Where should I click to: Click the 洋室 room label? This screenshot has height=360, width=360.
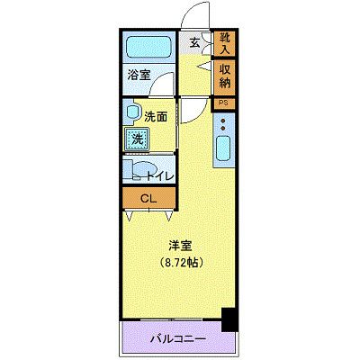tap(177, 245)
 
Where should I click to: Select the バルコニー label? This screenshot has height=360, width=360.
tap(177, 339)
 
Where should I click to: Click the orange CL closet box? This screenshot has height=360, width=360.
tap(145, 200)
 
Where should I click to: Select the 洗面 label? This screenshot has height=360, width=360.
tap(157, 115)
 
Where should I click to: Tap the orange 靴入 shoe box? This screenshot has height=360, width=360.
tap(223, 41)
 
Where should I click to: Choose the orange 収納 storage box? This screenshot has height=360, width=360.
tap(223, 76)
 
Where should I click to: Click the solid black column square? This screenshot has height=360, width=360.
tap(229, 318)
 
